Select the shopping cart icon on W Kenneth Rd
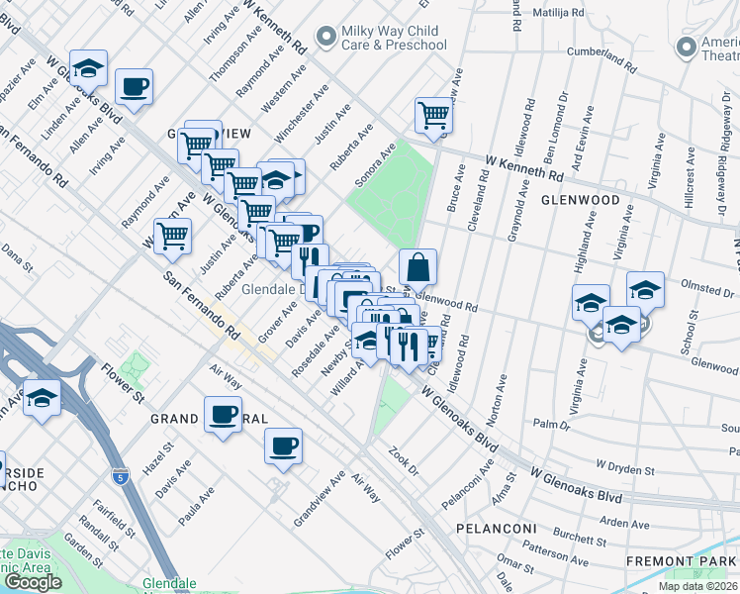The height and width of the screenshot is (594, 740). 433,117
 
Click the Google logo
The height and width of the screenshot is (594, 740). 32,582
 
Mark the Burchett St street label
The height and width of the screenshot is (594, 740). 580,535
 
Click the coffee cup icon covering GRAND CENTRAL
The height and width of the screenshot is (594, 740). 224,415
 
